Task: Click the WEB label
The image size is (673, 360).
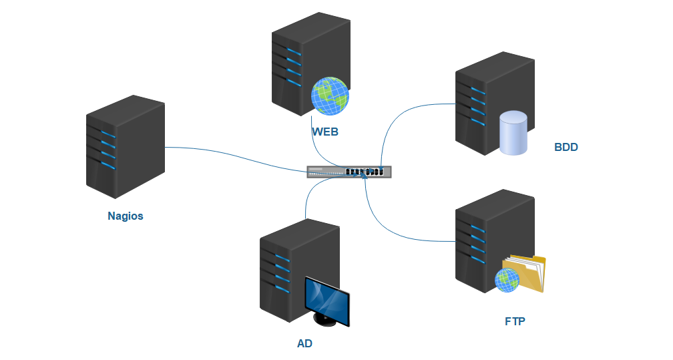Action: [325, 132]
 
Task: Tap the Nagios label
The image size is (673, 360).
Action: [126, 216]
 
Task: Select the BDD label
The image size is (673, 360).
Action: [566, 147]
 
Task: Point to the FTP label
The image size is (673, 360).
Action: [515, 321]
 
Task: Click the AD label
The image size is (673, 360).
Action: [304, 344]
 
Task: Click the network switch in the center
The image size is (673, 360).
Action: [349, 172]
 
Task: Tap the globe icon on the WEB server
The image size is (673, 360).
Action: [330, 96]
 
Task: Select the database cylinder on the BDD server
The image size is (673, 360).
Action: [513, 133]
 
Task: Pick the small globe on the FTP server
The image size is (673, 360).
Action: [507, 281]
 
